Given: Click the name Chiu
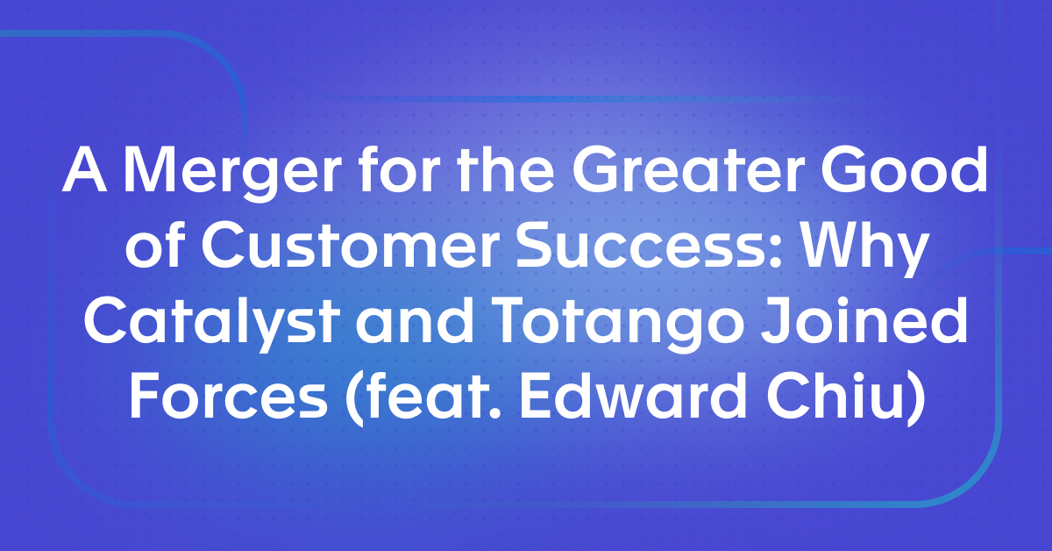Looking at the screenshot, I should coord(841,400).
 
